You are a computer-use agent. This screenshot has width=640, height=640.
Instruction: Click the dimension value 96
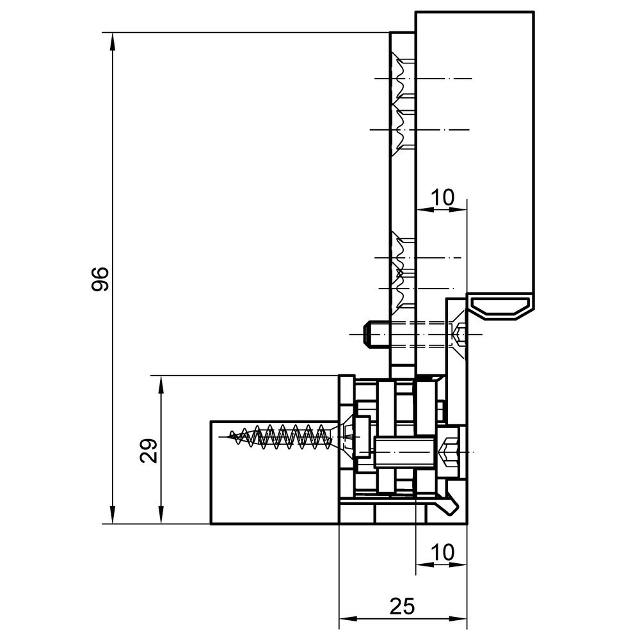tap(100, 279)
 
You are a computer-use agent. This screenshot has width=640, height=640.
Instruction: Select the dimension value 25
tap(402, 606)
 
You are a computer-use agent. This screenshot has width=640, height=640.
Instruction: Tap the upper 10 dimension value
tap(442, 198)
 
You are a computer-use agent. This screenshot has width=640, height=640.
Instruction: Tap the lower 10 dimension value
tap(442, 553)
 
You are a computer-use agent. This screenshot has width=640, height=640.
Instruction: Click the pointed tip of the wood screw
tap(230, 436)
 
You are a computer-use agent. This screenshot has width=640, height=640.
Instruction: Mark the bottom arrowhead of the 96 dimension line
tap(113, 515)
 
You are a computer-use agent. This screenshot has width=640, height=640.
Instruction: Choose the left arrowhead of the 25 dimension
tap(348, 629)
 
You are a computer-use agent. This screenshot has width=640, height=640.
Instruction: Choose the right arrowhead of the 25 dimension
tap(458, 629)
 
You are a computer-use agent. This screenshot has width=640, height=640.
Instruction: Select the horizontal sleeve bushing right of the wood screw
tap(403, 452)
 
